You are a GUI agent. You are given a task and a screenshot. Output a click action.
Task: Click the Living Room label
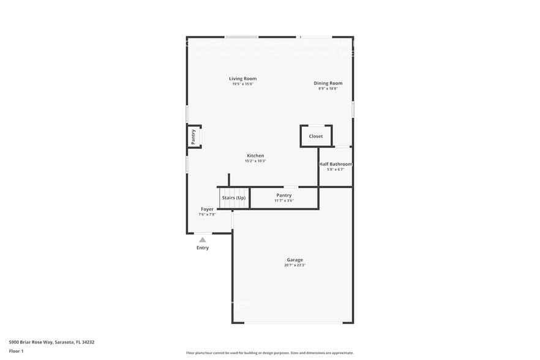tap(242, 78)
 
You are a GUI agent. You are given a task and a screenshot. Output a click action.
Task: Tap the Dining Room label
tap(328, 83)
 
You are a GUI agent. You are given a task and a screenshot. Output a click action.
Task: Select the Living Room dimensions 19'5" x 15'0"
tap(242, 84)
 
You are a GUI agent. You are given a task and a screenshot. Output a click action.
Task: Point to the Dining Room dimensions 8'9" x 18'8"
tap(328, 89)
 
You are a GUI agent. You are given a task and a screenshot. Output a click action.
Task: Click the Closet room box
tap(316, 136)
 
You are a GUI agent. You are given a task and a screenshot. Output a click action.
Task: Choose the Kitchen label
tap(255, 156)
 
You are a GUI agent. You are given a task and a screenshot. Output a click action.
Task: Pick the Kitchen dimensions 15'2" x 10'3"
tap(255, 161)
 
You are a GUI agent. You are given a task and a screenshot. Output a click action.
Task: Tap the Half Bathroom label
tap(336, 164)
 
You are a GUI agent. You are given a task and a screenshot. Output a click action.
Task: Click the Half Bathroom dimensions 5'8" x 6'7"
tap(336, 170)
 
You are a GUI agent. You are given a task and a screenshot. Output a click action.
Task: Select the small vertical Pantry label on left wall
tap(193, 136)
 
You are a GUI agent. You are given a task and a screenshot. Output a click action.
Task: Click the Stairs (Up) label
tap(233, 198)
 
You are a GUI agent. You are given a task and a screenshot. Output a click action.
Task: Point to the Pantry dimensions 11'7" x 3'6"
tap(283, 201)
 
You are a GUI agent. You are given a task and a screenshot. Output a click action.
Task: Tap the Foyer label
tap(207, 209)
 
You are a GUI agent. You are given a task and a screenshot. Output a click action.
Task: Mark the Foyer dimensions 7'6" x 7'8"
tap(207, 215)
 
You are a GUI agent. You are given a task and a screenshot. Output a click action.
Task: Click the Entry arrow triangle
tap(203, 240)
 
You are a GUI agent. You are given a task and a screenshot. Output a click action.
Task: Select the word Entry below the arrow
tap(203, 248)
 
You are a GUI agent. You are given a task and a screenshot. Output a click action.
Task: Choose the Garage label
tap(294, 260)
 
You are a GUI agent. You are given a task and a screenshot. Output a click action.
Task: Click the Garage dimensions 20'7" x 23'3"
tap(294, 265)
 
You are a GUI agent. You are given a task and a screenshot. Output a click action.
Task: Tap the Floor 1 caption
tap(16, 351)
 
